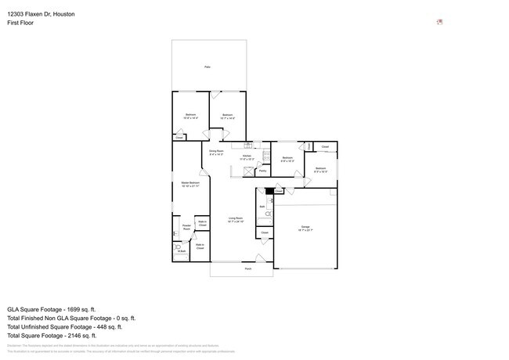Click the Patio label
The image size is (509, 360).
click(x=208, y=67)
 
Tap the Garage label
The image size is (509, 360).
click(x=305, y=227)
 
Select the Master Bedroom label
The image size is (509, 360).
click(x=190, y=183)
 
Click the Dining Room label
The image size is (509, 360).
click(x=216, y=151)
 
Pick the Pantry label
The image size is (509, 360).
click(x=262, y=170)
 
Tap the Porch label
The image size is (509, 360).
click(x=248, y=268)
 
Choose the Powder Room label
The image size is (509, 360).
click(x=187, y=228)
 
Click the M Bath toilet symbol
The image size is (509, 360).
click(x=179, y=248)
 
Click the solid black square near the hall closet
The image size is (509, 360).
click(x=269, y=190)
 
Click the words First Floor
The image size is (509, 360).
click(x=20, y=23)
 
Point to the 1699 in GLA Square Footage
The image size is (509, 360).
click(x=77, y=309)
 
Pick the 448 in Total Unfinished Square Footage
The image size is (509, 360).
click(x=103, y=327)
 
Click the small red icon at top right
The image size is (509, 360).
click(x=439, y=22)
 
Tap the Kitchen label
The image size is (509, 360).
click(x=247, y=157)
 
